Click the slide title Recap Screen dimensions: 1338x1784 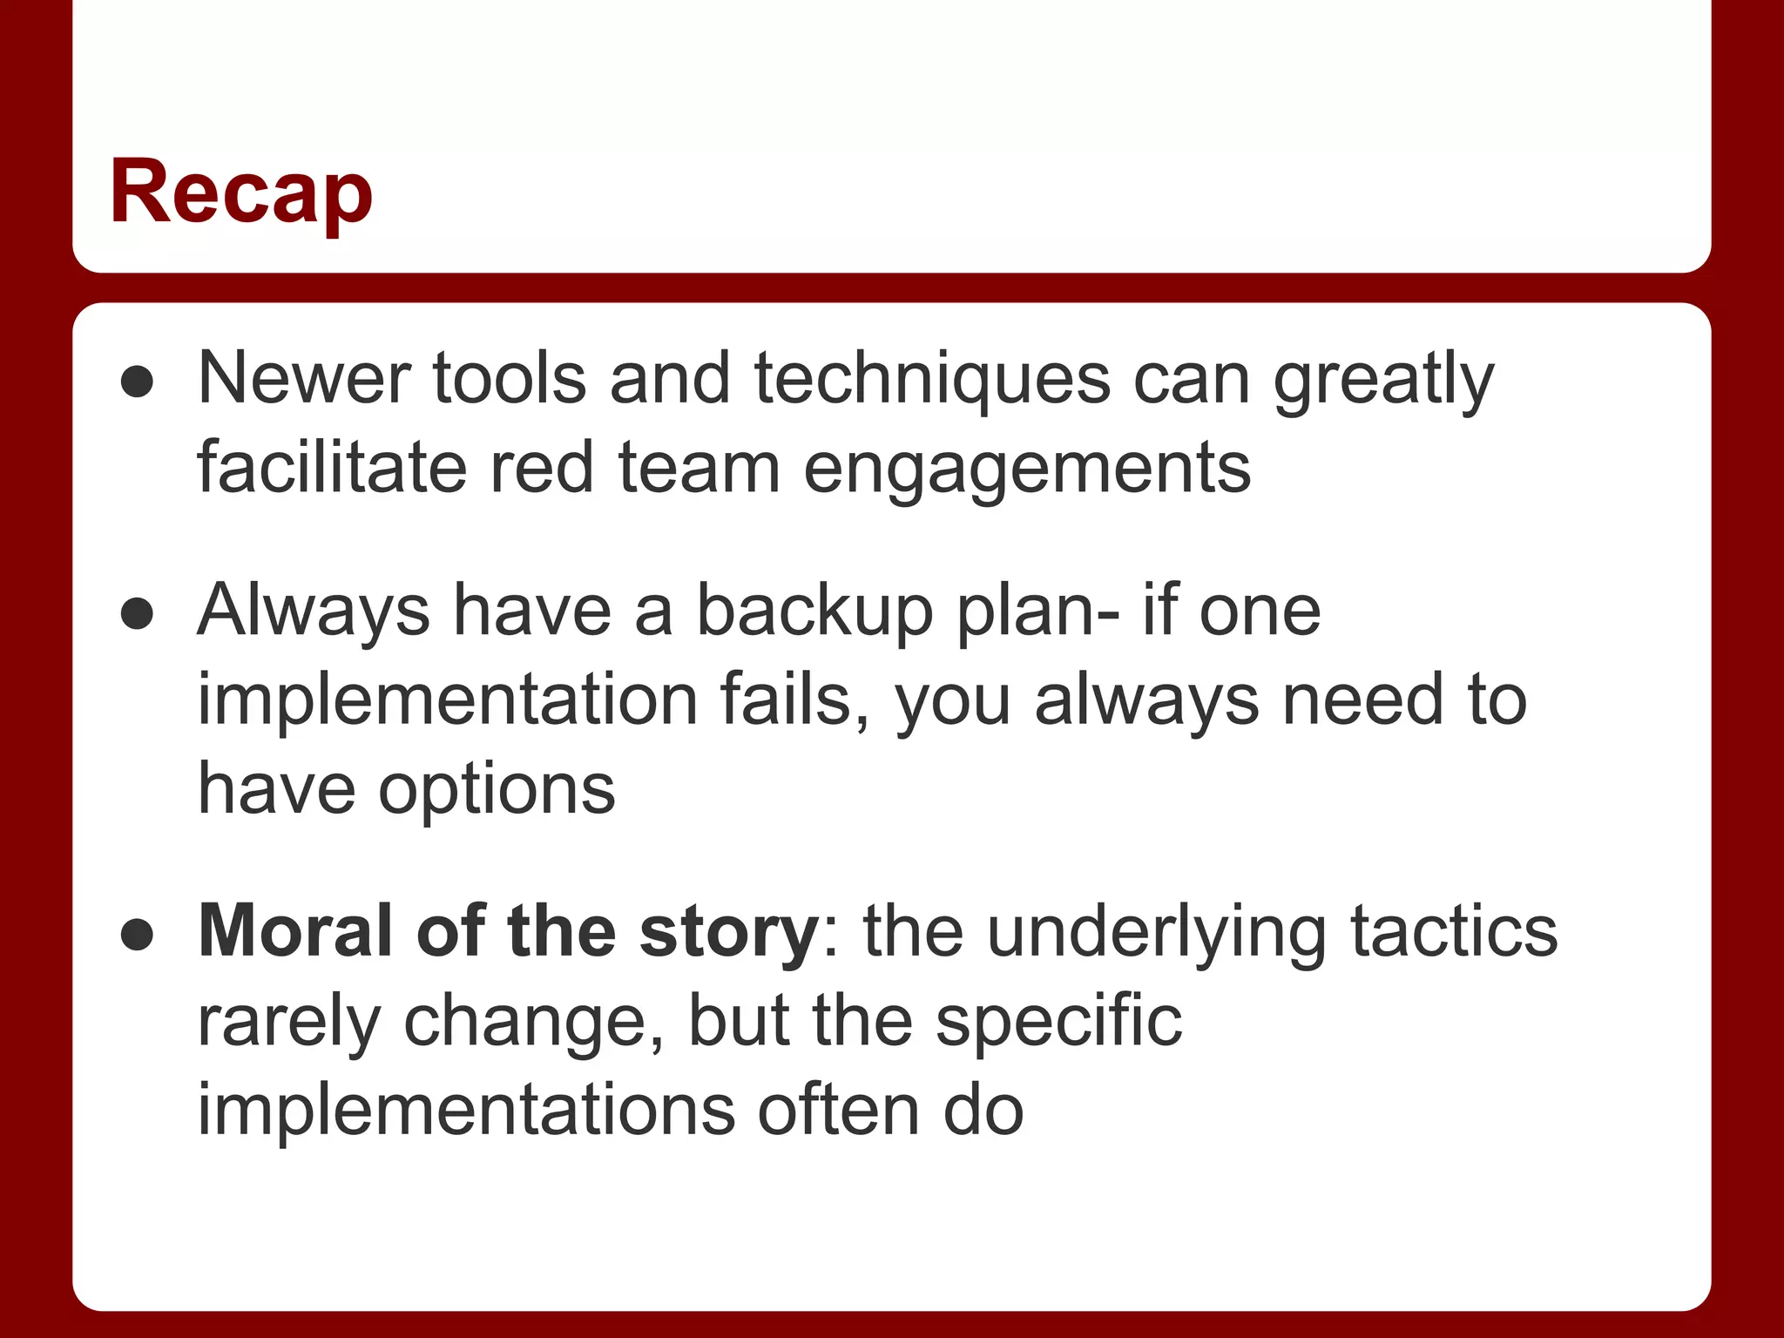[x=241, y=193]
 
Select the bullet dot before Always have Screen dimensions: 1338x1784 [x=138, y=614]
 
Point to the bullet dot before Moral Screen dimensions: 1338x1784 [x=138, y=936]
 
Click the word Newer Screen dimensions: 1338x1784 [x=303, y=379]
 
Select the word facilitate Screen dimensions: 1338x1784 [x=332, y=468]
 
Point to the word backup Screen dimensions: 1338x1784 [x=814, y=612]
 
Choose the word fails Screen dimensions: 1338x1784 [x=794, y=700]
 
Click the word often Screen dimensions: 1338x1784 [x=839, y=1111]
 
